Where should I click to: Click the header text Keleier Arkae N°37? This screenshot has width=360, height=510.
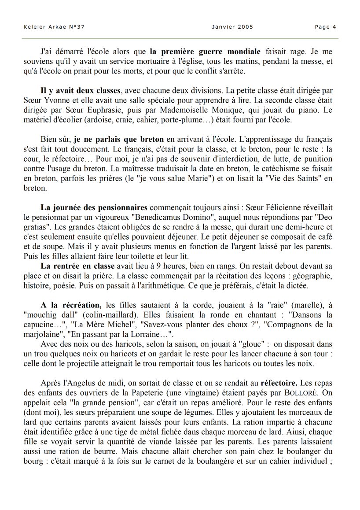click(x=54, y=27)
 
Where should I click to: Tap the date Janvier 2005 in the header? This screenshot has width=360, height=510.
click(x=232, y=27)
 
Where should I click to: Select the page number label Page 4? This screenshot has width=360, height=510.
click(x=325, y=27)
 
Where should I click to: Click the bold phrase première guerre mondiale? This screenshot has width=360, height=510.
click(x=205, y=51)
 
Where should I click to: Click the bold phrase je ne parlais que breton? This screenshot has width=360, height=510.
click(x=119, y=140)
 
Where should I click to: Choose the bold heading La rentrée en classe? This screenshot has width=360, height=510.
click(x=77, y=266)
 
